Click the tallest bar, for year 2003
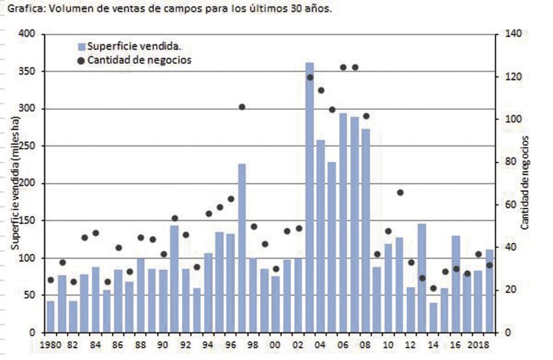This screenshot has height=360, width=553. point(309,197)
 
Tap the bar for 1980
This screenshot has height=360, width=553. point(50,317)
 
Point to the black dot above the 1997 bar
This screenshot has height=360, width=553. point(242,107)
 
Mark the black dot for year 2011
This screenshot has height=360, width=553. point(400,192)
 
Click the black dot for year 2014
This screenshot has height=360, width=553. point(433,288)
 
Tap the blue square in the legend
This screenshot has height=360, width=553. point(82,47)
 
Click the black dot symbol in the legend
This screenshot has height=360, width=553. point(82,60)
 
